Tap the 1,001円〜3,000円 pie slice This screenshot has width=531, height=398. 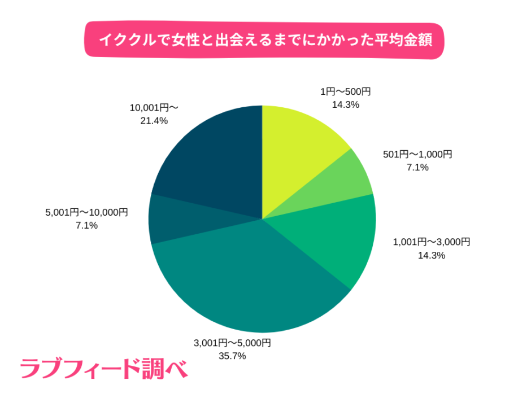[x=339, y=237]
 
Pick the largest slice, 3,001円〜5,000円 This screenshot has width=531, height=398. [x=254, y=282]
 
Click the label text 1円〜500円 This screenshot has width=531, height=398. [x=345, y=92]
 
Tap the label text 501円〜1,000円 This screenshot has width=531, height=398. [x=417, y=154]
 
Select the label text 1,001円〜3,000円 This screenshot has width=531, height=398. [x=432, y=242]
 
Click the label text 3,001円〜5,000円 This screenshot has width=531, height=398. [x=232, y=343]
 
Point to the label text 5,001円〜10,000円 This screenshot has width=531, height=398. [x=86, y=212]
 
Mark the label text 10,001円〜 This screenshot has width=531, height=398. [x=154, y=107]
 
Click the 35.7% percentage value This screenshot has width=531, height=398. [x=232, y=356]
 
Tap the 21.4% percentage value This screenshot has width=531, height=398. [x=154, y=120]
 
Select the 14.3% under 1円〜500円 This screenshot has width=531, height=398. [x=345, y=104]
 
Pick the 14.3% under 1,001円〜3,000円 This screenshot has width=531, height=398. [x=432, y=255]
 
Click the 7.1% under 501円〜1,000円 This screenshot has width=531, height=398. [x=417, y=167]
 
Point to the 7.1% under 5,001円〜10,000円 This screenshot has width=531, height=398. [x=86, y=225]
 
